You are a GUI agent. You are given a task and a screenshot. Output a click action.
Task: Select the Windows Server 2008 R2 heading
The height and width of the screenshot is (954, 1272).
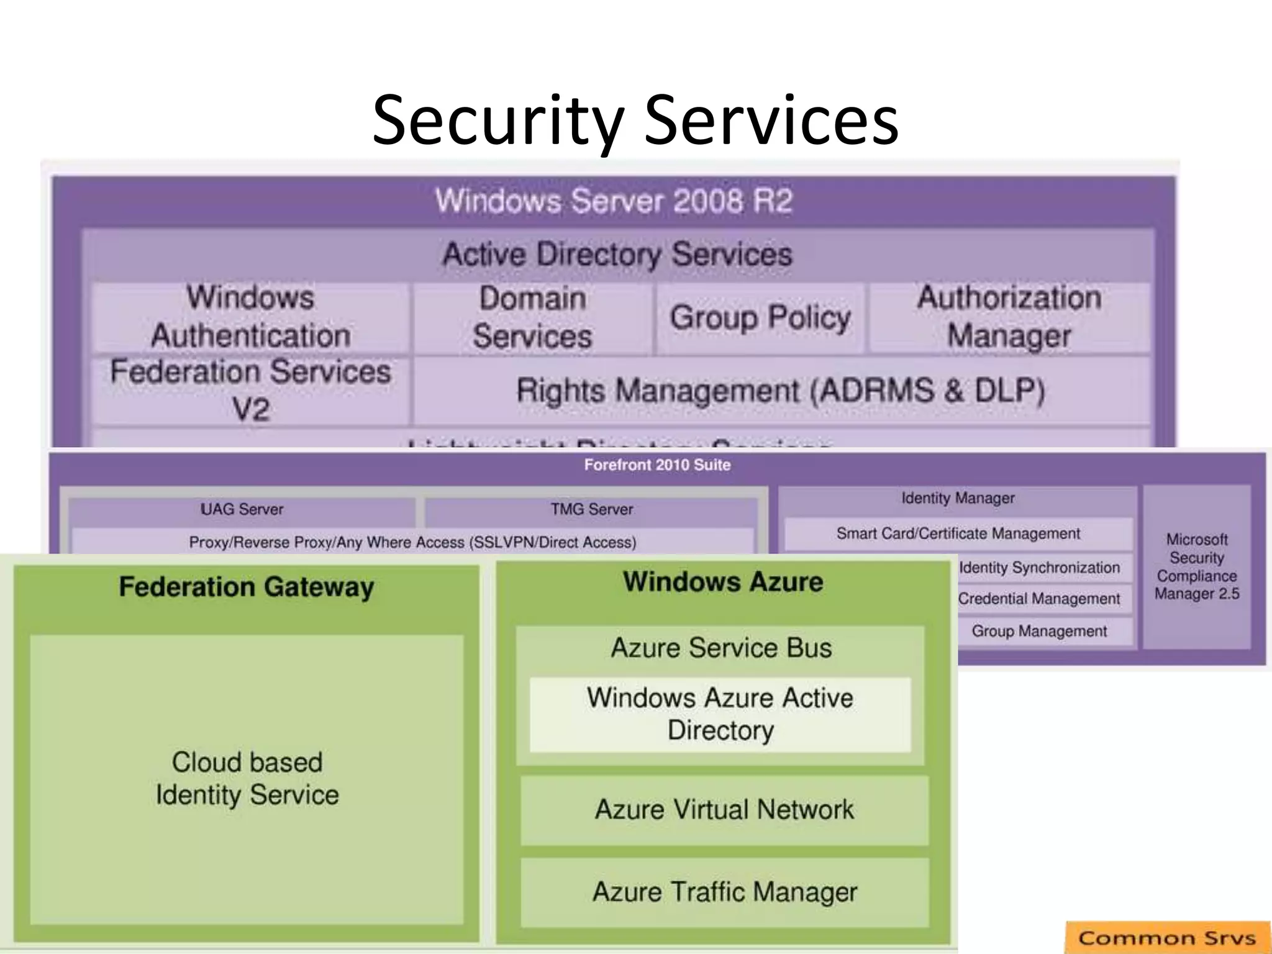(614, 201)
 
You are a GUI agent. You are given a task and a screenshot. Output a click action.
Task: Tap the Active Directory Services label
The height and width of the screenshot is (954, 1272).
(617, 254)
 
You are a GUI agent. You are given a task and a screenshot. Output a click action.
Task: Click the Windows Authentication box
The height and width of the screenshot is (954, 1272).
(250, 317)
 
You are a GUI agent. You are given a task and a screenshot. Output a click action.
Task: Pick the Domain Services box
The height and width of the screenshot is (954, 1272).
(533, 318)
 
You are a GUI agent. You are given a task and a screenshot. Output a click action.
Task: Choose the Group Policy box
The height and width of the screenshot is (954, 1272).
(760, 318)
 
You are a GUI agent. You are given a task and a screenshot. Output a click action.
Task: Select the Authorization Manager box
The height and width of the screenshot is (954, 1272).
(1009, 317)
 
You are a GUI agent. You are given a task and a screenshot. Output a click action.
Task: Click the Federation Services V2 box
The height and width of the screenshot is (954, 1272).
(250, 390)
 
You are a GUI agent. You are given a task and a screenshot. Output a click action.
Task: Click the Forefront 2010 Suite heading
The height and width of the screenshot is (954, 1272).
(657, 465)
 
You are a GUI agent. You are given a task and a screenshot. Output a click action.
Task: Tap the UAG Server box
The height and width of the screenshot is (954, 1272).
(242, 509)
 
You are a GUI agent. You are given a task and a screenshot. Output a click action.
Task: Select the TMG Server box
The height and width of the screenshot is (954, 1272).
(591, 509)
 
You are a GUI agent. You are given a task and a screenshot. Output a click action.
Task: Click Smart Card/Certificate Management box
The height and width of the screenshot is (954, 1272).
(958, 534)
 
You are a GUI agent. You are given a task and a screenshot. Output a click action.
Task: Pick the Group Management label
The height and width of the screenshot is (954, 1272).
(1039, 631)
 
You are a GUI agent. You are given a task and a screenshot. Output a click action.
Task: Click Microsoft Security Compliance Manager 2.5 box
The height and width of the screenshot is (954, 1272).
(1196, 566)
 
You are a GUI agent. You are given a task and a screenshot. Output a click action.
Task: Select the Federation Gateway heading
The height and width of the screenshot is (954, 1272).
(247, 587)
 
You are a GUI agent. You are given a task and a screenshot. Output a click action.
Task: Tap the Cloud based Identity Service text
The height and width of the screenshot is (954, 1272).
(247, 778)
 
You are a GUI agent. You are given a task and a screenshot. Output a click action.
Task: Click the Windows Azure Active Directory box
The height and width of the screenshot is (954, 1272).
(720, 714)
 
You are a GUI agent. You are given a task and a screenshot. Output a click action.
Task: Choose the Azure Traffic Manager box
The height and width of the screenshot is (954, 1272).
(724, 892)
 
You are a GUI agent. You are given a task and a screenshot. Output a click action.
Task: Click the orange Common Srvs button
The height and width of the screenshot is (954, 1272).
(1167, 937)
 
